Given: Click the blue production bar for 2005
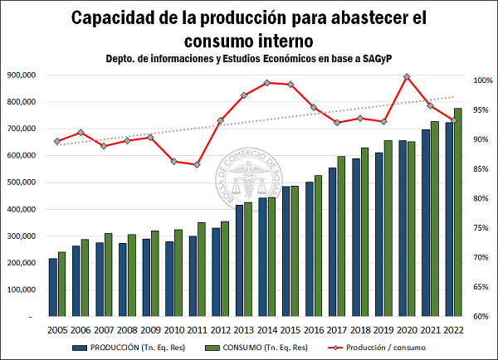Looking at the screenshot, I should point(53,287).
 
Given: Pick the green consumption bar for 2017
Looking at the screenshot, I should point(342,236).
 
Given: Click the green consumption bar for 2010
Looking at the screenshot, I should point(178,273).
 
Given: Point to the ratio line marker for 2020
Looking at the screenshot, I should point(407,77).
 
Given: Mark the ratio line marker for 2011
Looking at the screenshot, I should point(197,165).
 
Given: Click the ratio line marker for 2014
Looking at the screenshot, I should point(266,82).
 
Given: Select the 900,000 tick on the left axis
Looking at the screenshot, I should point(30,75).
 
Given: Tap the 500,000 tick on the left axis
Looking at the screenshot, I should point(30,182).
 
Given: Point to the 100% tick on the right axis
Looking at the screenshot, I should point(484,80).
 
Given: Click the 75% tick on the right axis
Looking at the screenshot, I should point(484,228).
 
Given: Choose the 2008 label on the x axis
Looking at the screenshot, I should point(127,329).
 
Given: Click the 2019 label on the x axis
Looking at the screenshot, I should point(383,329).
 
